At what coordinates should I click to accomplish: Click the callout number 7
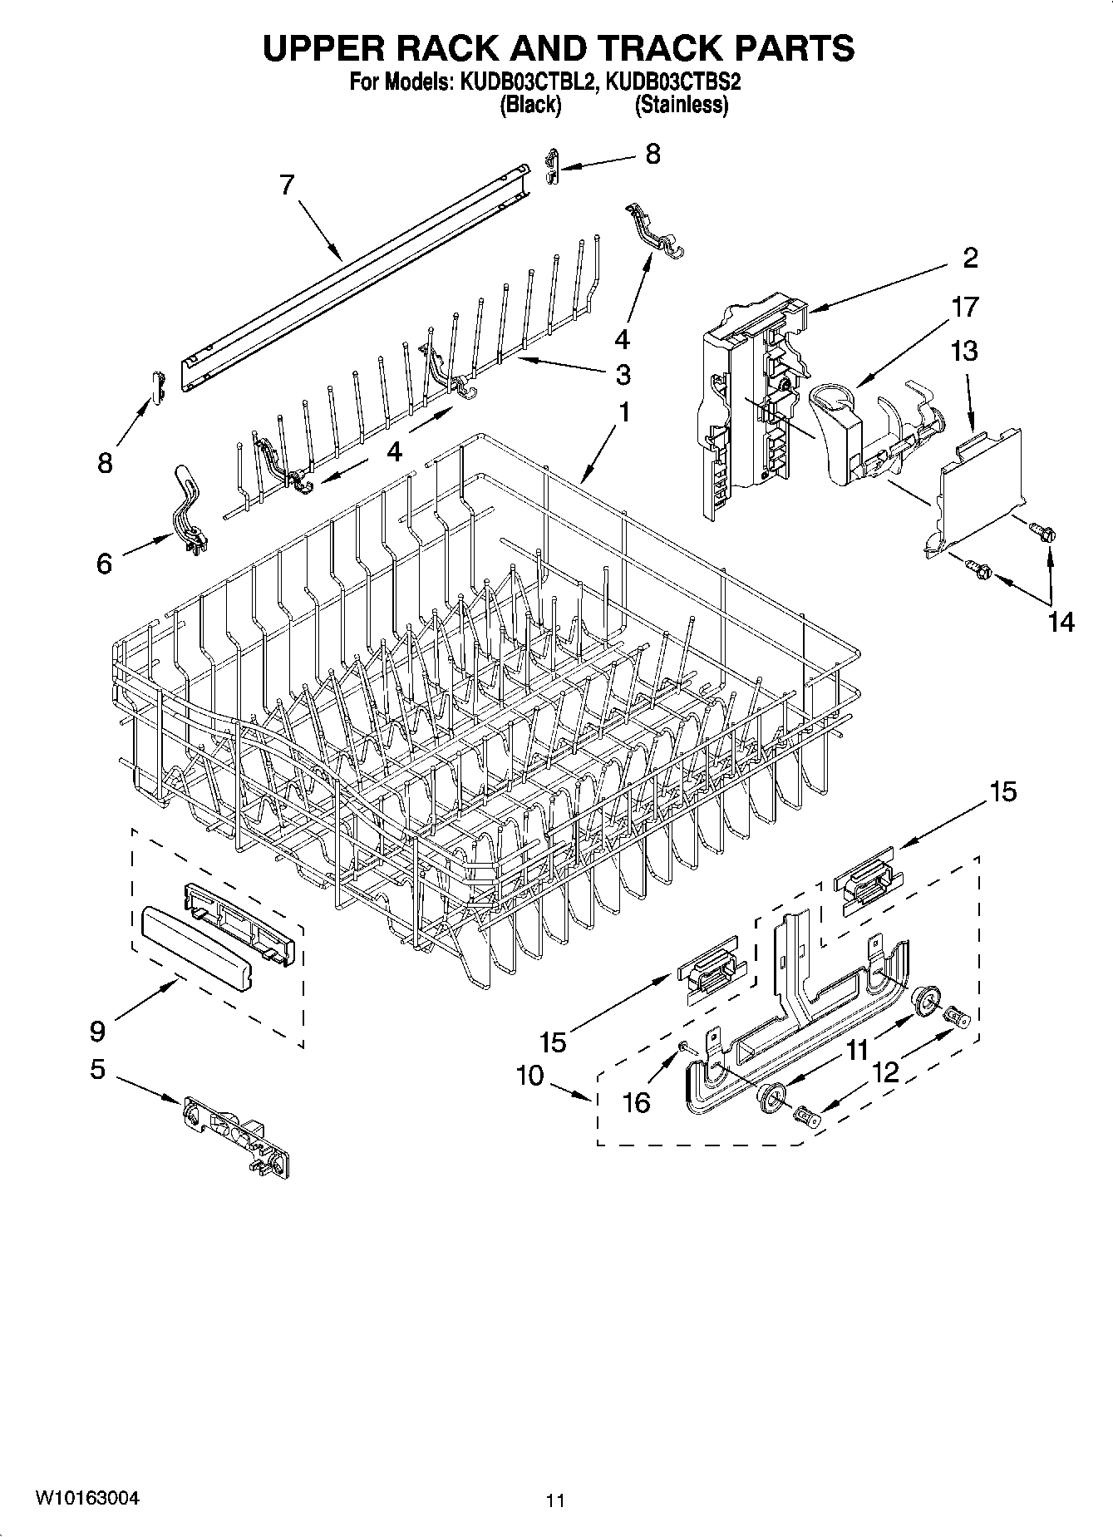click(x=287, y=185)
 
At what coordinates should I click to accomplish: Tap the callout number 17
click(x=965, y=307)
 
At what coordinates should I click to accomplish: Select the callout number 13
click(x=963, y=351)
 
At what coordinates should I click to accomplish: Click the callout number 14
click(x=1061, y=621)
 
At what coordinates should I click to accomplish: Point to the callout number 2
click(x=971, y=258)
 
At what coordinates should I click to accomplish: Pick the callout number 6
click(x=104, y=564)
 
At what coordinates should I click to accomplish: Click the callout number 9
click(x=97, y=1032)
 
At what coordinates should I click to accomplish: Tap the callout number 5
click(x=97, y=1069)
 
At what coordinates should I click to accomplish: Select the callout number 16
click(x=637, y=1102)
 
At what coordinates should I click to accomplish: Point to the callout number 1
click(x=623, y=411)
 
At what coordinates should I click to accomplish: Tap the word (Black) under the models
click(x=529, y=105)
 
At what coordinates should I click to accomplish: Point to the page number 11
click(x=555, y=1500)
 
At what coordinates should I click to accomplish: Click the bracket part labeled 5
click(x=236, y=1136)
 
